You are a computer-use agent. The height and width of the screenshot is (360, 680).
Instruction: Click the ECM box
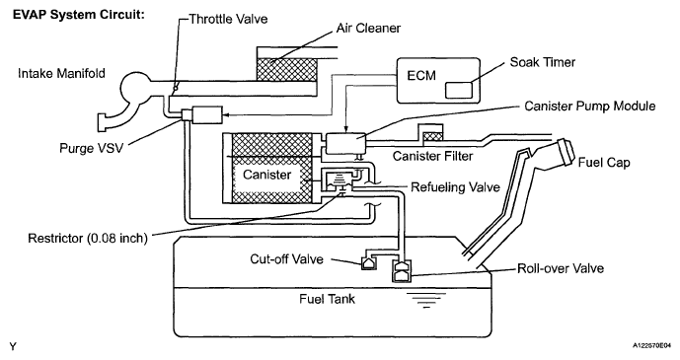pos(439,81)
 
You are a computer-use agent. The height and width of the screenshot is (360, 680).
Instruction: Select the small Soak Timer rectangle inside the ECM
pos(458,90)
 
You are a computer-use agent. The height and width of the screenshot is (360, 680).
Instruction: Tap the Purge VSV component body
pos(202,114)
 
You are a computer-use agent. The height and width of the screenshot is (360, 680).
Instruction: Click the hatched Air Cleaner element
pos(286,69)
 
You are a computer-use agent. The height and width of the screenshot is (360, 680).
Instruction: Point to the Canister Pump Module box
pos(345,143)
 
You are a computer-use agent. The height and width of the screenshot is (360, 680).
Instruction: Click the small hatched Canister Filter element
pos(433,137)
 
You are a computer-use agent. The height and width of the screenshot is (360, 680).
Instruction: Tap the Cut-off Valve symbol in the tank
pos(368,262)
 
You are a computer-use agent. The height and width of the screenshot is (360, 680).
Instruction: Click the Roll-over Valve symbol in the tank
pos(402,271)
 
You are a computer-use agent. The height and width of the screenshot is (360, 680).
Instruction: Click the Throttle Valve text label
pos(228,19)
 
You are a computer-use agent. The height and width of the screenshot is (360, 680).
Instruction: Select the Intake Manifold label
pos(61,73)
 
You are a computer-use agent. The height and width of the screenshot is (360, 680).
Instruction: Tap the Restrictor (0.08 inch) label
pos(88,239)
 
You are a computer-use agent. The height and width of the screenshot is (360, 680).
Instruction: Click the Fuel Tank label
pos(327,299)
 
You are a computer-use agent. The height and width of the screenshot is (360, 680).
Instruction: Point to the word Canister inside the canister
pos(266,175)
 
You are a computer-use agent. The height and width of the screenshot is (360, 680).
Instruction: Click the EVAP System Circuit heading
pos(79,14)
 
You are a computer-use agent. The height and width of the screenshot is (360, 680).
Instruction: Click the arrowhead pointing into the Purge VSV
pos(225,115)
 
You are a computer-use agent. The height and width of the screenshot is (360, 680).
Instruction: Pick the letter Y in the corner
pos(14,346)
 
